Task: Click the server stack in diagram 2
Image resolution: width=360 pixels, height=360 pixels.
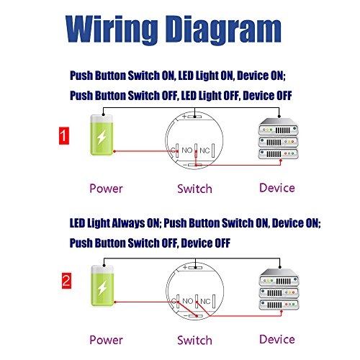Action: tap(277, 290)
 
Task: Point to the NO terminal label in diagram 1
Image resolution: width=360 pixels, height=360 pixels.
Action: tap(186, 151)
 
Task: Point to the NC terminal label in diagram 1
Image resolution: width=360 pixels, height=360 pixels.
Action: tap(204, 151)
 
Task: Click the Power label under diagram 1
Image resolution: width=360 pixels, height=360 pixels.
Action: tap(105, 189)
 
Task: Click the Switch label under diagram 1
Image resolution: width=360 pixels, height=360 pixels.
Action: tap(194, 189)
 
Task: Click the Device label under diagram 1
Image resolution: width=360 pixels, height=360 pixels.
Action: tap(277, 188)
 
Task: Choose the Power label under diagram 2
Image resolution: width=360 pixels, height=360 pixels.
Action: tap(105, 339)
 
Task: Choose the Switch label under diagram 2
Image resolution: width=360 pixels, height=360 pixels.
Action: tap(194, 339)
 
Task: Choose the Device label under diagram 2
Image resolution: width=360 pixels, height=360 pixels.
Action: tap(277, 338)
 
